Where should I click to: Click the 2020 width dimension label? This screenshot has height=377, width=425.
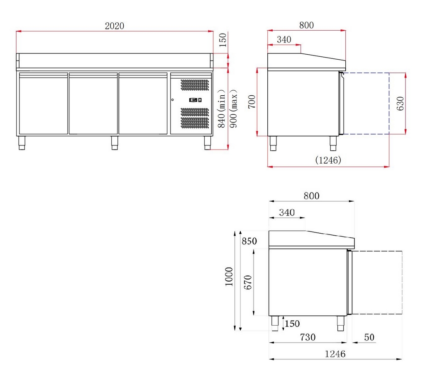115,26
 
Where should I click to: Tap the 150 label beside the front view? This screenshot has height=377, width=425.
222,40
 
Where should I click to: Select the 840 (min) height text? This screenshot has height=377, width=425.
222,108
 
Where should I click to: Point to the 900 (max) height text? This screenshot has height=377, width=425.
233,108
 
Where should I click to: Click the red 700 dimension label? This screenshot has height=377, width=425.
252,102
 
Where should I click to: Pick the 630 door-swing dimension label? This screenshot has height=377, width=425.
401,104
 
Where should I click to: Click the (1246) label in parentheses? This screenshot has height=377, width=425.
328,160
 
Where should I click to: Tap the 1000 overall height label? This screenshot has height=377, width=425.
229,276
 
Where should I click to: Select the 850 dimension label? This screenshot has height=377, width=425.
249,241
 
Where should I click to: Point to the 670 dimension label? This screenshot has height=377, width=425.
248,283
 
